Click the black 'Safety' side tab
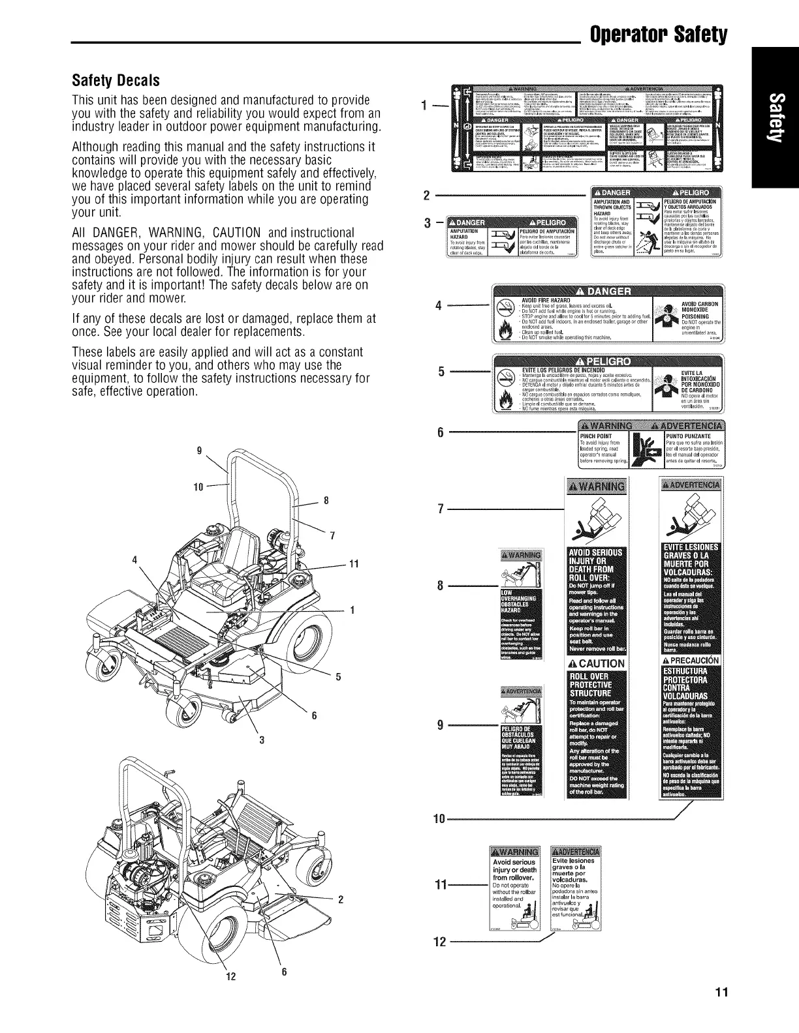click(775, 117)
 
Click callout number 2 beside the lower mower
click(341, 899)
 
